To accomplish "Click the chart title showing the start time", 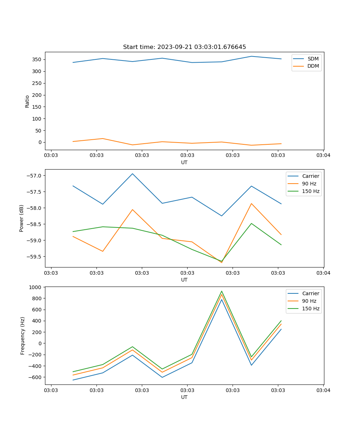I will click(x=184, y=47).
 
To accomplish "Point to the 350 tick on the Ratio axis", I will click(x=37, y=59).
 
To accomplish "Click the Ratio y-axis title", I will click(x=27, y=101).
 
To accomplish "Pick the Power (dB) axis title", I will click(x=22, y=218).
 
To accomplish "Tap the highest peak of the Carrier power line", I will click(x=132, y=174).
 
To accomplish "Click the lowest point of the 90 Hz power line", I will click(x=221, y=262).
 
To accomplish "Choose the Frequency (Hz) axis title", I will click(x=23, y=336).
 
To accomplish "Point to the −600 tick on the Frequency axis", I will click(x=36, y=377).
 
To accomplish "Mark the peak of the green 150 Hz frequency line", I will click(x=222, y=291).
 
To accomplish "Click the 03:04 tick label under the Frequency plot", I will click(x=323, y=390).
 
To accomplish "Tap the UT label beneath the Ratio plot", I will click(x=184, y=162).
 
